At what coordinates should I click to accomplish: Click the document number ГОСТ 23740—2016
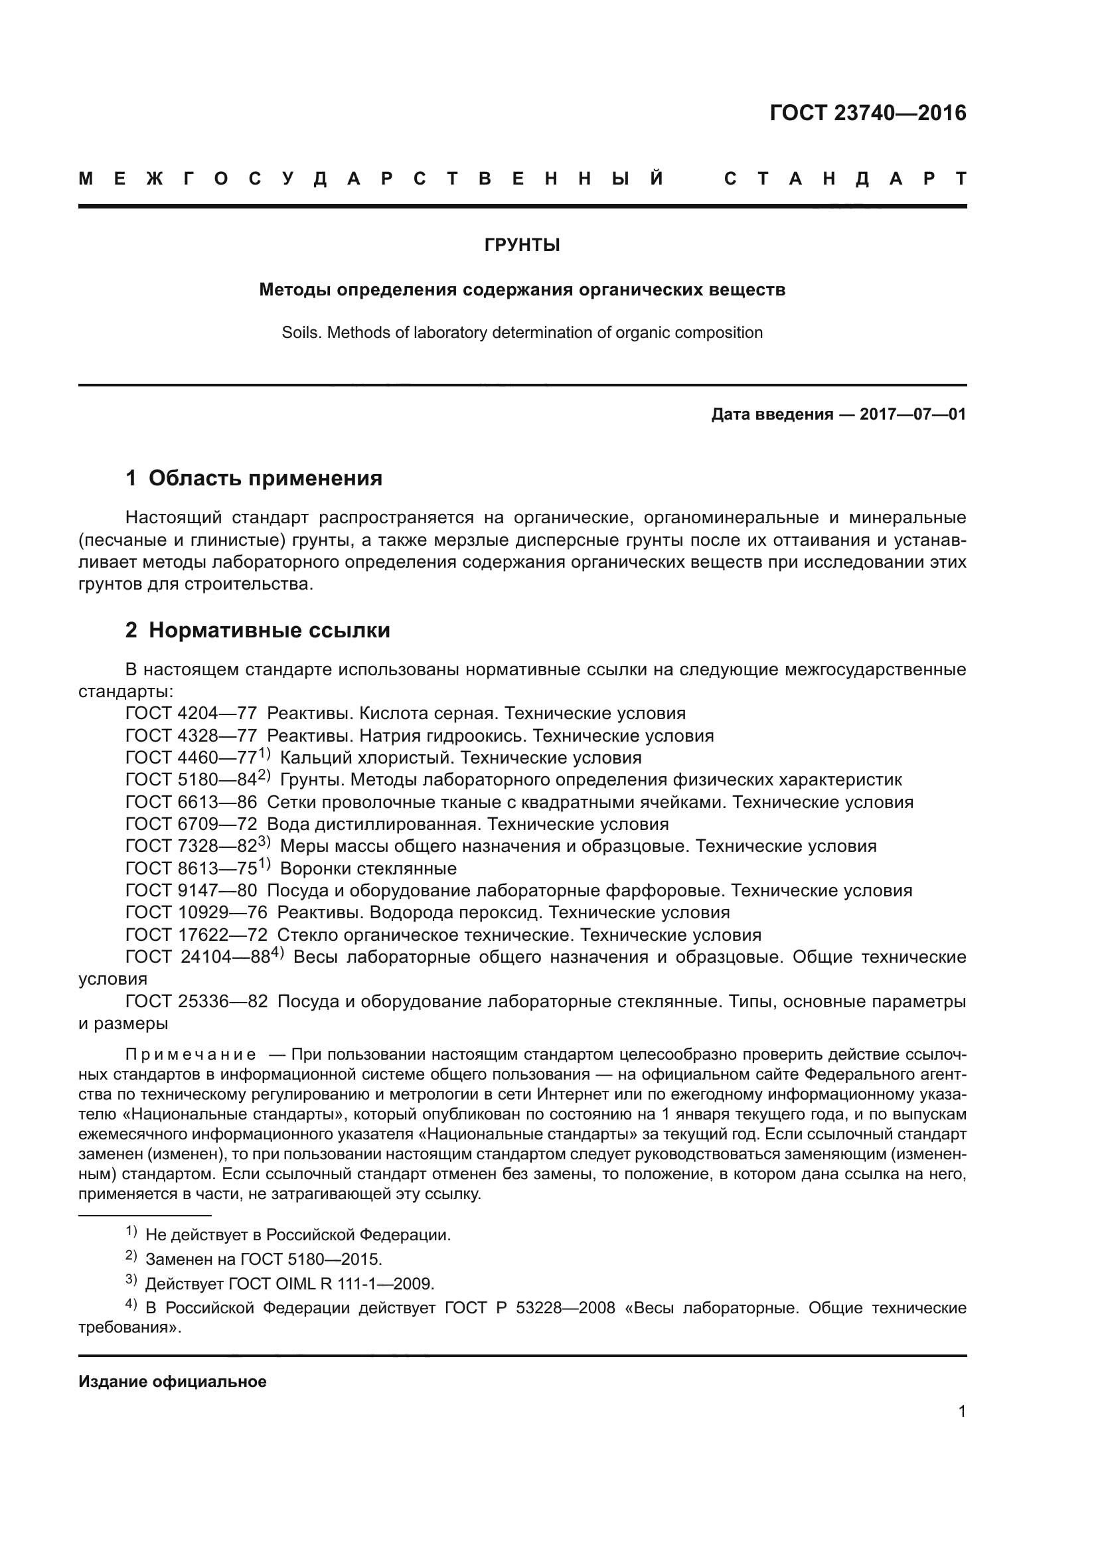pyautogui.click(x=868, y=113)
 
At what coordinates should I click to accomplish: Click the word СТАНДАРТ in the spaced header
pyautogui.click(x=845, y=179)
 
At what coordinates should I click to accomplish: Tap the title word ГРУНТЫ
pyautogui.click(x=522, y=246)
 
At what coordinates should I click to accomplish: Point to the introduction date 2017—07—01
pyautogui.click(x=913, y=414)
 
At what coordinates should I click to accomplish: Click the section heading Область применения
pyautogui.click(x=265, y=478)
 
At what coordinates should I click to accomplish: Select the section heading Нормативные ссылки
pyautogui.click(x=269, y=630)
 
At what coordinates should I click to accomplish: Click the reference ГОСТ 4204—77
pyautogui.click(x=191, y=714)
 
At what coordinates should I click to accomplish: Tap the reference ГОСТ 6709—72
pyautogui.click(x=191, y=825)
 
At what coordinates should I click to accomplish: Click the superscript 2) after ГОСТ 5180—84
pyautogui.click(x=264, y=775)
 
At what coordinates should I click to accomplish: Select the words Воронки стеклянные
pyautogui.click(x=368, y=869)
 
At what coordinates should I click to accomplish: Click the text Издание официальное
pyautogui.click(x=173, y=1382)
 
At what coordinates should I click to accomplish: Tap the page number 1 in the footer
pyautogui.click(x=961, y=1412)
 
